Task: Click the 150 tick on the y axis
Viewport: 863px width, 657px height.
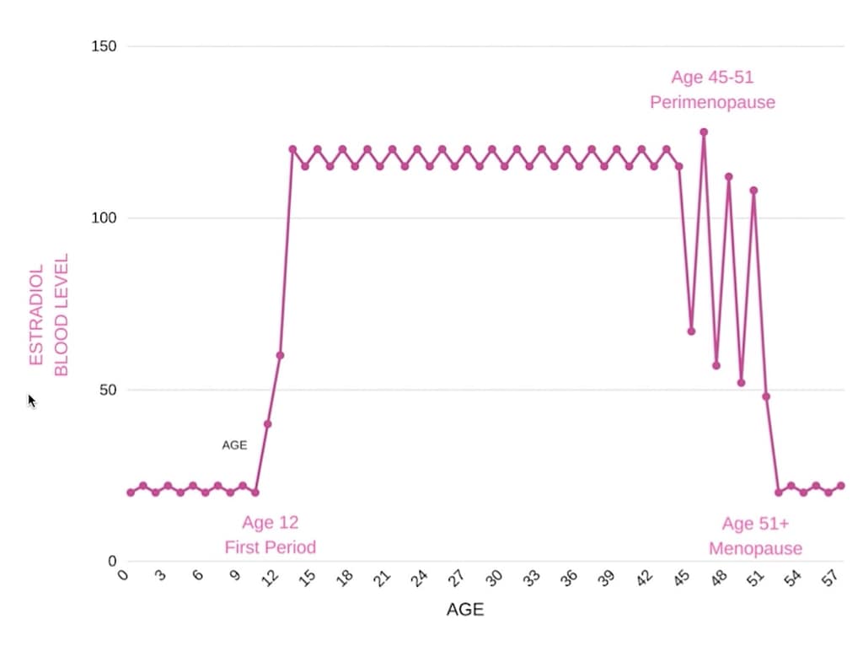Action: [x=104, y=46]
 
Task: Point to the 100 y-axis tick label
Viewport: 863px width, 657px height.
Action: [x=104, y=218]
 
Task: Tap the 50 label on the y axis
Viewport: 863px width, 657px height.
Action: [x=108, y=390]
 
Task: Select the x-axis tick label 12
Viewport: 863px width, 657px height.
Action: [x=271, y=579]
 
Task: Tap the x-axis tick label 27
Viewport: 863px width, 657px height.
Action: [x=458, y=579]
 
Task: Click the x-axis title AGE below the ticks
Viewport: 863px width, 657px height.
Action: [x=465, y=610]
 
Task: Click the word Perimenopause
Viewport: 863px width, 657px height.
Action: [x=712, y=103]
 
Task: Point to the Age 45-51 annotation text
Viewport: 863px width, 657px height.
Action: [x=712, y=78]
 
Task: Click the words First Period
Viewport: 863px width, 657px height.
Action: [x=270, y=547]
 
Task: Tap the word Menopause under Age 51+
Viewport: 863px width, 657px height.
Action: [x=755, y=549]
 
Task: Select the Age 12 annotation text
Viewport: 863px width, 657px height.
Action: [x=270, y=523]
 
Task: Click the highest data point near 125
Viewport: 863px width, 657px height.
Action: [x=704, y=132]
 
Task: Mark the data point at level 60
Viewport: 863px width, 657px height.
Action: [x=280, y=355]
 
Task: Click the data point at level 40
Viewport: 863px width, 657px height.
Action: [x=267, y=423]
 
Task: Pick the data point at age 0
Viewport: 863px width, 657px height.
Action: [x=131, y=493]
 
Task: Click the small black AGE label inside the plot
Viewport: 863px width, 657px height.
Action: [x=234, y=444]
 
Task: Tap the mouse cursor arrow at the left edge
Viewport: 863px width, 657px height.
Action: [x=31, y=400]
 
